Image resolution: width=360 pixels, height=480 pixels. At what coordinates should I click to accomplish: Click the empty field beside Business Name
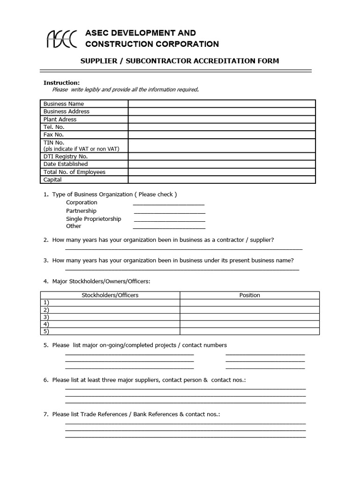222,104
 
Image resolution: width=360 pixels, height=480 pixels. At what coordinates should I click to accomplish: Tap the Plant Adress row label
60,120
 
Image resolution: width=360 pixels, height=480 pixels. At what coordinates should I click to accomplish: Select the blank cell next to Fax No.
222,135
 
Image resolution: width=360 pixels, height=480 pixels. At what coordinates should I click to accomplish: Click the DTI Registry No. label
65,157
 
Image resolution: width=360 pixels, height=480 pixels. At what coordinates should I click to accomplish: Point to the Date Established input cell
222,164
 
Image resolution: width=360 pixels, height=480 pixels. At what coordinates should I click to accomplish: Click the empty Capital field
222,180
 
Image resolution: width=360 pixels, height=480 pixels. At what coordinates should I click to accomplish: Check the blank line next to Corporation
169,203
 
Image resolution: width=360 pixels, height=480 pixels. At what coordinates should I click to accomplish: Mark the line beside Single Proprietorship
169,219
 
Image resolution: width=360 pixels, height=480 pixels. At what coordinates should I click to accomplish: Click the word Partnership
81,211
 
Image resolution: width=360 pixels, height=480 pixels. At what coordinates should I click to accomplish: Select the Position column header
249,295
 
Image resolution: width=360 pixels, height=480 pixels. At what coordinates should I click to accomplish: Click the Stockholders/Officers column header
110,295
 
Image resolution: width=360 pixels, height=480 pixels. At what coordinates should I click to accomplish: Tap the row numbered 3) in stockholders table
110,317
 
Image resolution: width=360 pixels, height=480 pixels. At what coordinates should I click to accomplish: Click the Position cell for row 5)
249,331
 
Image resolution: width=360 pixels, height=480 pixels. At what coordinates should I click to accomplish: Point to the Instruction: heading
61,83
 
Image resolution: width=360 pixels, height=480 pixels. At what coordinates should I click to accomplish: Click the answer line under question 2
183,248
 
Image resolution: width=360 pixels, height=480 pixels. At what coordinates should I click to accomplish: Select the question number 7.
46,415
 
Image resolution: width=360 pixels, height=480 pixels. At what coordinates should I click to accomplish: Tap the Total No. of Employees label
74,172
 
